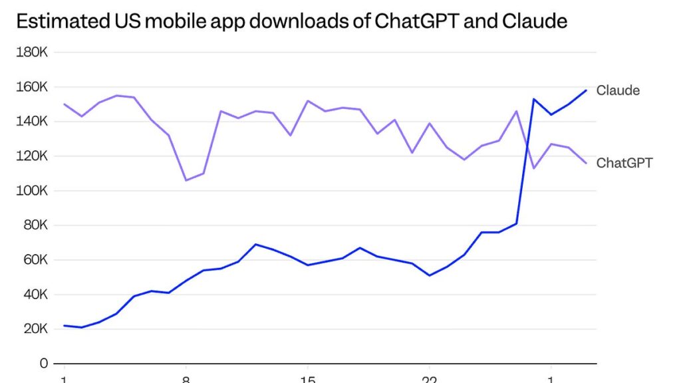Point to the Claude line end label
[618, 90]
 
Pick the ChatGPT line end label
[624, 163]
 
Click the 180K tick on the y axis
[32, 53]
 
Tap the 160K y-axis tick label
[32, 87]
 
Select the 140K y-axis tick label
[32, 122]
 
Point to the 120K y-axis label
[32, 156]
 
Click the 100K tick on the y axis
[32, 191]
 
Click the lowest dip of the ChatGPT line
[186, 180]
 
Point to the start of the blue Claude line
[65, 326]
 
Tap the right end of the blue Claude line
[586, 90]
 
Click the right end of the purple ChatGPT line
[586, 163]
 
